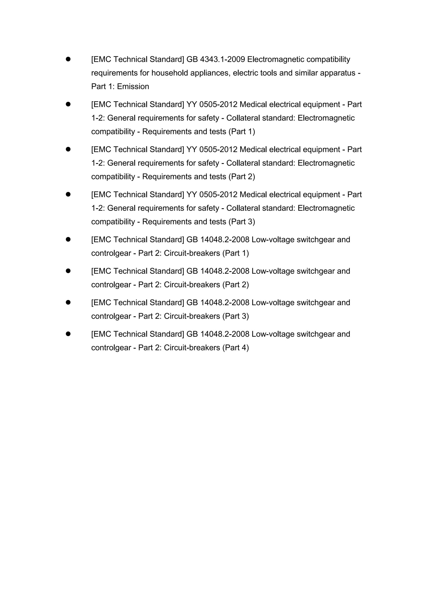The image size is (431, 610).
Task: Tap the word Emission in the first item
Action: [x=133, y=87]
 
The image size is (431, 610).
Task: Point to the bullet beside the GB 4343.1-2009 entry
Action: [x=68, y=59]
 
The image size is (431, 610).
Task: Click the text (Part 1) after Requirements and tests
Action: [x=242, y=132]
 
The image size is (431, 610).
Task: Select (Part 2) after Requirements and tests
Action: [x=242, y=177]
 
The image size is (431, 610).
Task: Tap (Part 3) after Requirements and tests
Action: [x=242, y=222]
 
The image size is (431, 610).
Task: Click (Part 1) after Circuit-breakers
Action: [x=236, y=253]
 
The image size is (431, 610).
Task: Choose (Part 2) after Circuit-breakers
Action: [x=236, y=285]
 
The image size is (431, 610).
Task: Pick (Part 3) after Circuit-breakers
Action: [x=236, y=316]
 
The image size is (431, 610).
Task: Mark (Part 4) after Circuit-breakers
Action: [x=236, y=348]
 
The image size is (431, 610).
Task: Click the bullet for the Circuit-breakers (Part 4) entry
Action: [x=68, y=334]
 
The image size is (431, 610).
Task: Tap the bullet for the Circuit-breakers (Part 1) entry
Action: [x=68, y=240]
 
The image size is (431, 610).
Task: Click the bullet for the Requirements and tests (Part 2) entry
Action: [x=68, y=149]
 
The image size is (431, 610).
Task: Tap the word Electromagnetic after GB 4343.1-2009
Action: [x=276, y=60]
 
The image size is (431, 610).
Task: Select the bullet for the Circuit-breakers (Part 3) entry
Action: [x=68, y=303]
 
